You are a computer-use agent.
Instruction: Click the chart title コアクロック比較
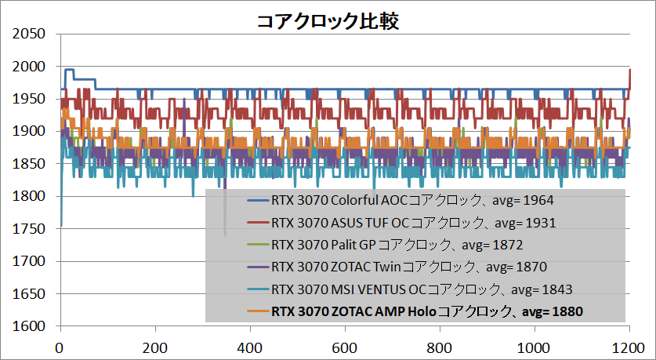(x=328, y=20)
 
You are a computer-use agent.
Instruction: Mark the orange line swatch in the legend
(x=258, y=312)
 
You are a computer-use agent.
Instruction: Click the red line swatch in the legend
(x=258, y=223)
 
